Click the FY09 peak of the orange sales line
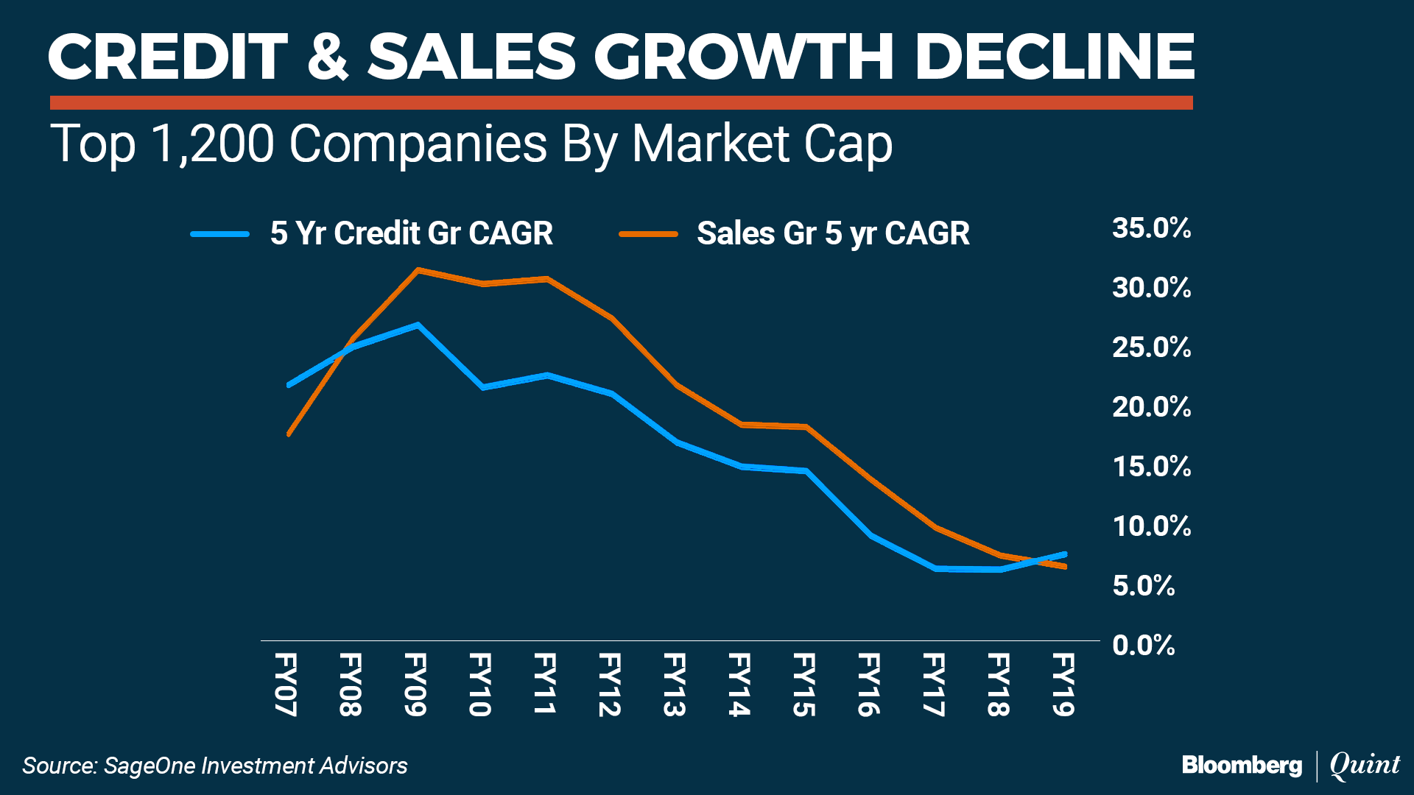coord(418,270)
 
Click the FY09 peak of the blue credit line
coord(418,325)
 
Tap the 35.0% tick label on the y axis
coord(1151,228)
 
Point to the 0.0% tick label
coord(1143,646)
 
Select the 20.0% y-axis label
coord(1151,407)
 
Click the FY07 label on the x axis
coord(286,684)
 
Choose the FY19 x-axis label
coord(1063,684)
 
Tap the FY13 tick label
coord(675,684)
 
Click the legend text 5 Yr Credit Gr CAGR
coord(411,233)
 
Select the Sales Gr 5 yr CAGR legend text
coord(833,233)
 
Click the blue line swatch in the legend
coord(220,234)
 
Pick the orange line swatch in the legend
coord(648,234)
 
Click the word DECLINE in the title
coord(1054,57)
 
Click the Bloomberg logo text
coord(1242,766)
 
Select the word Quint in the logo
coord(1365,765)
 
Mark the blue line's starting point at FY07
coord(289,385)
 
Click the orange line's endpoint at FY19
coord(1065,567)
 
